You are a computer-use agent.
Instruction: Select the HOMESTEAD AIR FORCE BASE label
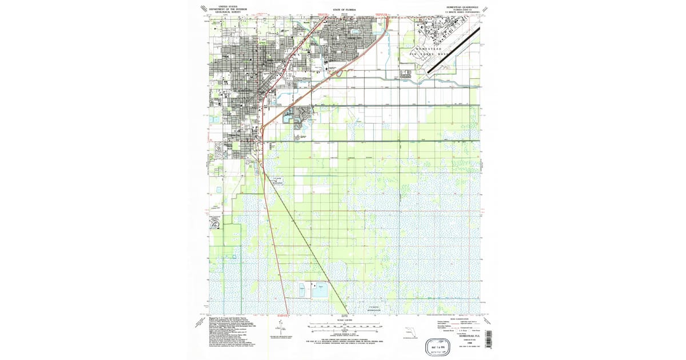(x=446, y=52)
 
